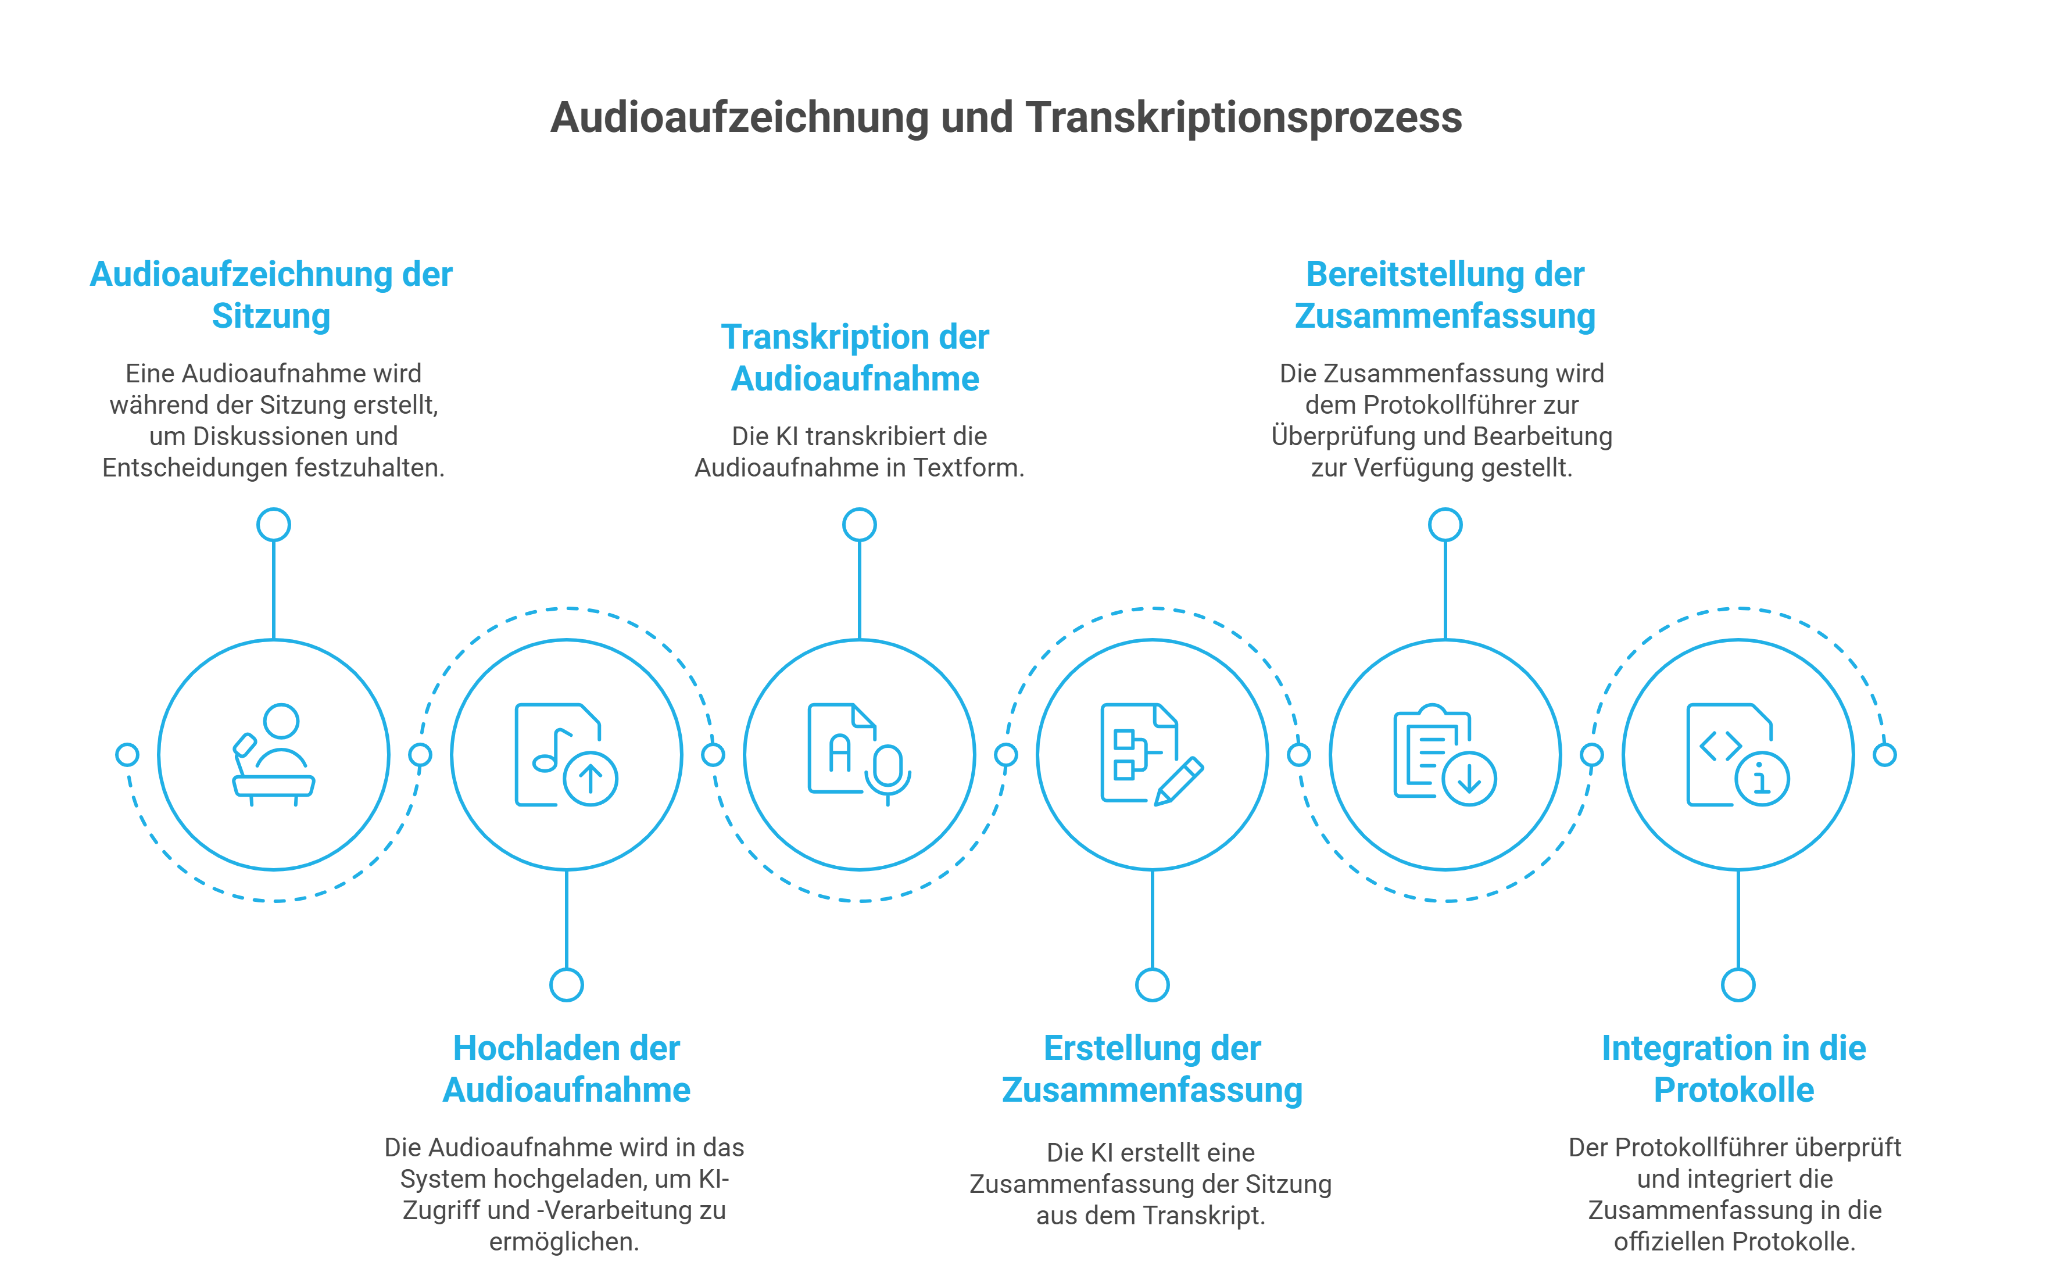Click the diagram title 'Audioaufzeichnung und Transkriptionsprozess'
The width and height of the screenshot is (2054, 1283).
click(x=1005, y=118)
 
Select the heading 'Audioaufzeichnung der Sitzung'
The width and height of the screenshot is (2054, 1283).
click(x=271, y=295)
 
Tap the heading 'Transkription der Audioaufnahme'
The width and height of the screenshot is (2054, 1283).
click(x=855, y=358)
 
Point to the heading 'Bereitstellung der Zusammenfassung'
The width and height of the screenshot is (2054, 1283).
click(x=1444, y=295)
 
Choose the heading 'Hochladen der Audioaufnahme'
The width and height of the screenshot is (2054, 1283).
click(x=566, y=1069)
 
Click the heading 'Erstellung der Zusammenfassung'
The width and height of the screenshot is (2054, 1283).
click(x=1152, y=1069)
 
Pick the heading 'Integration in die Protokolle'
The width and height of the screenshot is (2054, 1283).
click(x=1733, y=1069)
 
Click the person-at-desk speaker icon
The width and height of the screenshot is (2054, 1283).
click(x=273, y=754)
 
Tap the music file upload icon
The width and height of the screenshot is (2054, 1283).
click(x=566, y=754)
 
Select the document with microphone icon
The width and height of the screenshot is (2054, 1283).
click(x=859, y=754)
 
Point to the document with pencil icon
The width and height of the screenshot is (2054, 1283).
click(x=1152, y=754)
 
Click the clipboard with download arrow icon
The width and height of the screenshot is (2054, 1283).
click(x=1444, y=754)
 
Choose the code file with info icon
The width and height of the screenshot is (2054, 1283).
click(x=1737, y=754)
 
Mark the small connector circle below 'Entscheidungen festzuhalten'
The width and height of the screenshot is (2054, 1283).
click(x=273, y=524)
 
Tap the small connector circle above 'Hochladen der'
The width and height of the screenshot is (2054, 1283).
click(x=566, y=985)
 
